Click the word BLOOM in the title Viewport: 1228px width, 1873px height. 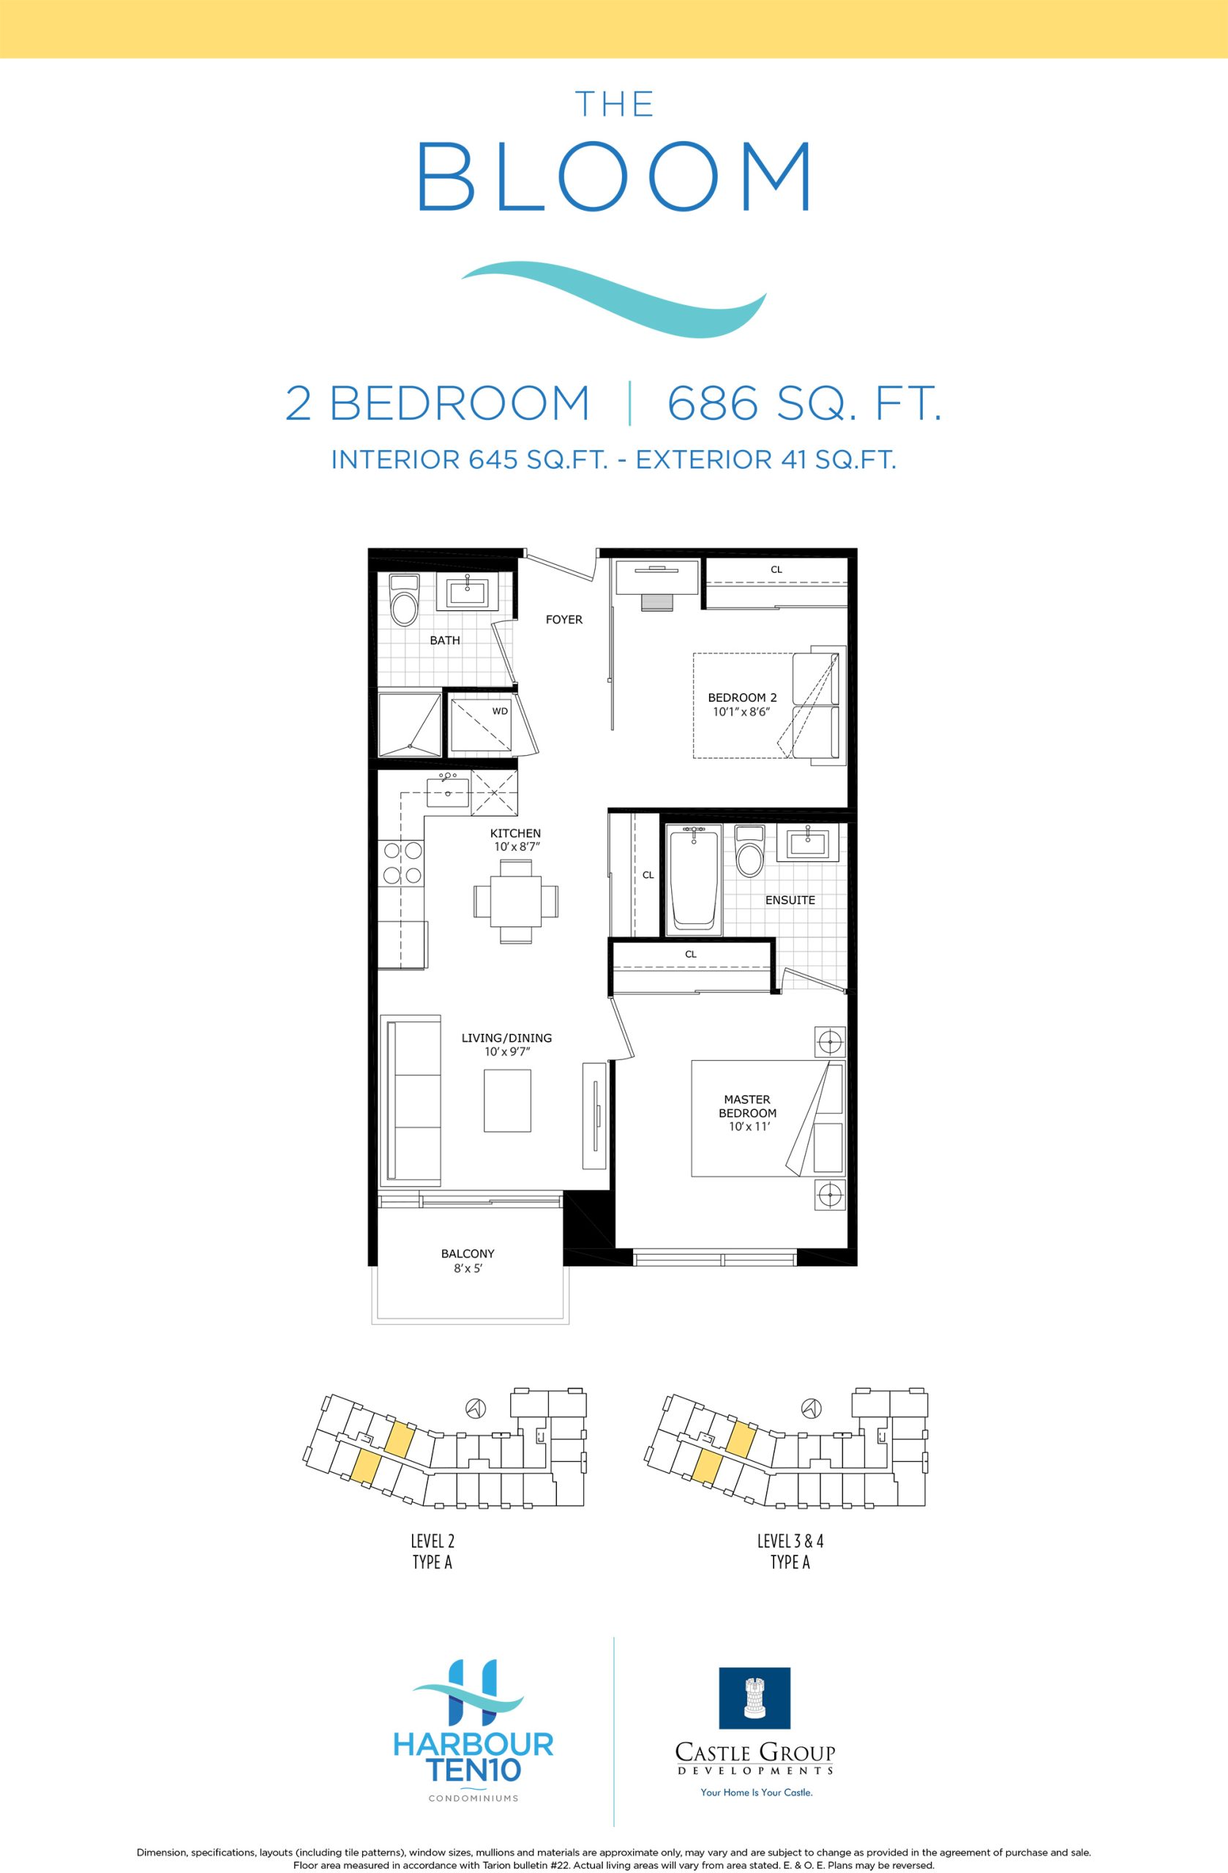[614, 176]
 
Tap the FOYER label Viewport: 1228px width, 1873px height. [564, 620]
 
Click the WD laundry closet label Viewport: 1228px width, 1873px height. [500, 710]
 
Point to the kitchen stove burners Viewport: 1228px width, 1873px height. [402, 862]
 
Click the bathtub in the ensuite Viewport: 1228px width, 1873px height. [694, 879]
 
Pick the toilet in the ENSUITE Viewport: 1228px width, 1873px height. [749, 851]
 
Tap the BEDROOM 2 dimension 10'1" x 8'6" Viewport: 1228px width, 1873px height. [739, 710]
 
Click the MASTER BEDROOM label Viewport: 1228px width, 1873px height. [748, 1106]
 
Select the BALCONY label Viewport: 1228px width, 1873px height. [468, 1253]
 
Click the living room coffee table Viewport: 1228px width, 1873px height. [507, 1100]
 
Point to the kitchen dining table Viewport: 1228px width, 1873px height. [516, 901]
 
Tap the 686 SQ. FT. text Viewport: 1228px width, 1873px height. [804, 403]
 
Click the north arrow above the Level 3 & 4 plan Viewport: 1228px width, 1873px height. [812, 1407]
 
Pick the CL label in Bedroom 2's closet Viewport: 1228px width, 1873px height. [776, 570]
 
